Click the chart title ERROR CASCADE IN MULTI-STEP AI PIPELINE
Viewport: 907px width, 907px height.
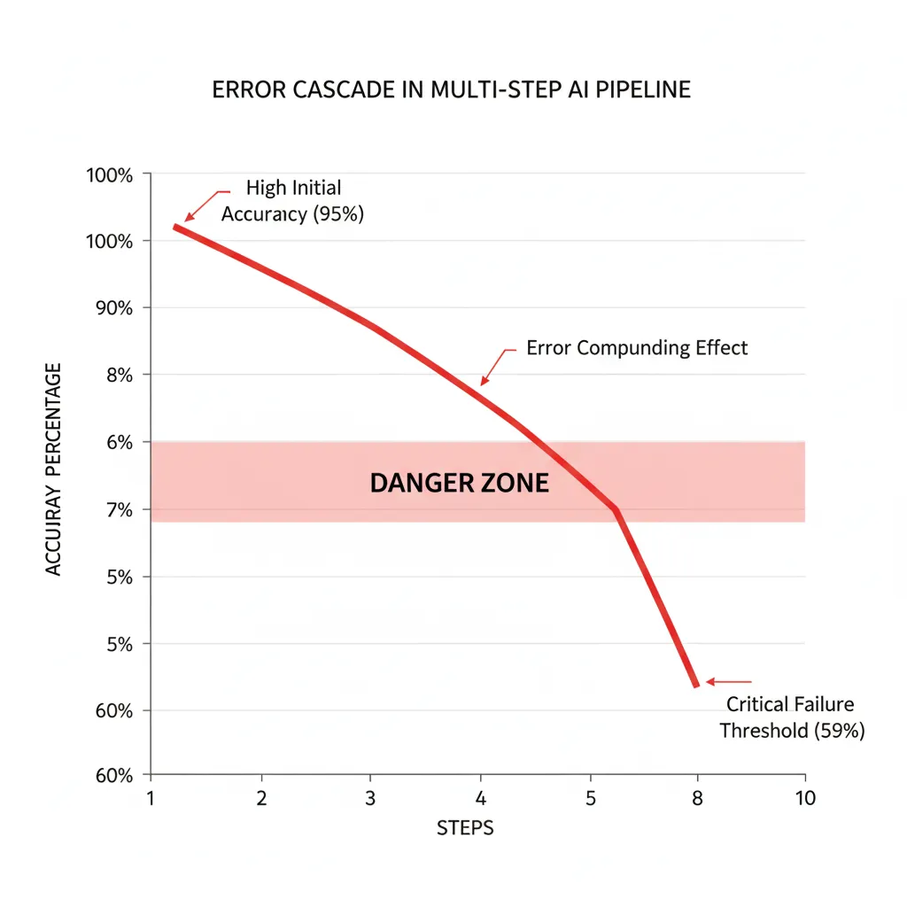[x=451, y=91]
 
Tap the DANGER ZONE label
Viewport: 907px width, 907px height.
[x=459, y=484]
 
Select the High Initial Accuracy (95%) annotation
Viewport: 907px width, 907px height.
[x=292, y=201]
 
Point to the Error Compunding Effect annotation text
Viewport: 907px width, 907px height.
[x=637, y=348]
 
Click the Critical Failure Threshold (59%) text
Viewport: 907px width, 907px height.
[x=791, y=717]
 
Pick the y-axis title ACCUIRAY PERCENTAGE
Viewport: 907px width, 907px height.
[x=55, y=469]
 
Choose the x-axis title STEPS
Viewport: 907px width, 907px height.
[x=465, y=829]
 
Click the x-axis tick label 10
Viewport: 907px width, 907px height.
[x=803, y=798]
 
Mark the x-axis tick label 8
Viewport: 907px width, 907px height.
[x=697, y=798]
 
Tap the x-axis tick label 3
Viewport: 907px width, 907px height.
[x=370, y=798]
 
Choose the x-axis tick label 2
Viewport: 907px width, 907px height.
[x=261, y=798]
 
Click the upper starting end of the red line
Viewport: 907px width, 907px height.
[x=175, y=227]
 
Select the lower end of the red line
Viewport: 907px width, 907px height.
[x=696, y=685]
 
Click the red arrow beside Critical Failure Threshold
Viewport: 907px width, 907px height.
[x=728, y=682]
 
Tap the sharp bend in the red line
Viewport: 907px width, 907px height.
[x=615, y=509]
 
